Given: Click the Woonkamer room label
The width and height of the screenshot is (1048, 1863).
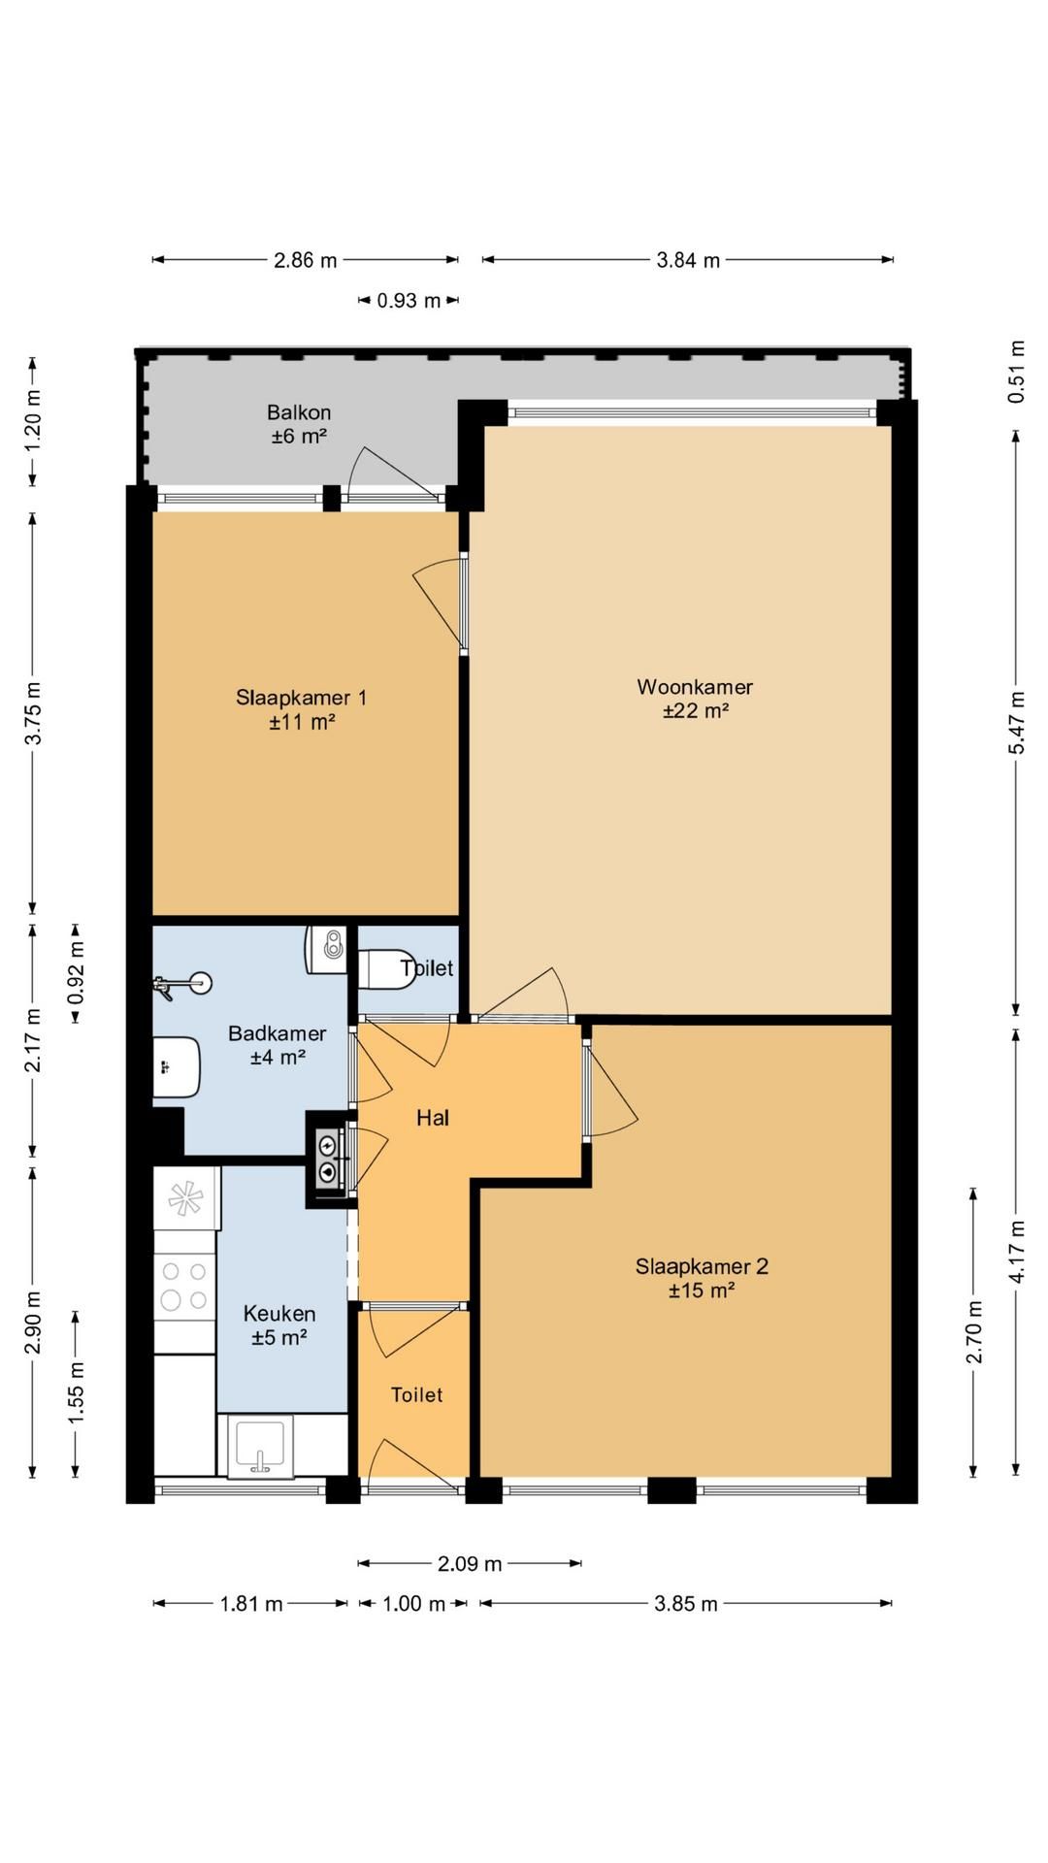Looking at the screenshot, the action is tap(695, 687).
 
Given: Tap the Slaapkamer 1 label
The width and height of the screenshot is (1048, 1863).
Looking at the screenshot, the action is tap(302, 698).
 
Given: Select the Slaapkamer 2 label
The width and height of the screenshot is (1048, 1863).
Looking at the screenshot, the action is tap(702, 1266).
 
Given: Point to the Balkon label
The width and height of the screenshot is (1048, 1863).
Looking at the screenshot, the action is tap(299, 412).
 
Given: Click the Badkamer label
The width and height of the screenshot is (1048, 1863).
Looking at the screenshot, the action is tap(278, 1033).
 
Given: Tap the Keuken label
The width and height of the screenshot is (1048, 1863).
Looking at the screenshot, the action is tap(279, 1314).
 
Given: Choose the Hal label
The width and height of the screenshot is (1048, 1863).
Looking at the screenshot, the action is tap(433, 1118).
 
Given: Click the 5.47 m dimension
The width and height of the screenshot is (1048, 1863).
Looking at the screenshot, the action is tap(1016, 722).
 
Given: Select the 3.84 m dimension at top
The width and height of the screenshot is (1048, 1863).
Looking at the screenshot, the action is tap(689, 260).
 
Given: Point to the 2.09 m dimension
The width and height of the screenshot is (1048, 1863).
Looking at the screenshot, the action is tap(470, 1563).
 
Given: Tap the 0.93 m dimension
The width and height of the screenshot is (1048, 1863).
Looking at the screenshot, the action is tap(409, 301).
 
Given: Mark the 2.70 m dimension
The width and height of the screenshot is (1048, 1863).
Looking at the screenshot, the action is tap(973, 1332).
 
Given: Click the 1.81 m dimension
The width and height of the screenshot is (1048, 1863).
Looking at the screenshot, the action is tap(251, 1604).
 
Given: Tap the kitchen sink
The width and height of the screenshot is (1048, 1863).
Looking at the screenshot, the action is tap(259, 1447).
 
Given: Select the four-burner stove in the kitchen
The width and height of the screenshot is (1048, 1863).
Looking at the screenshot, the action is tap(184, 1286).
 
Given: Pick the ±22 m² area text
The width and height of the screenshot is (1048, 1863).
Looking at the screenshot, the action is tap(696, 711).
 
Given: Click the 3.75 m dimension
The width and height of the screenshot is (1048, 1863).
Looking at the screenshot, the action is tap(33, 712).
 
